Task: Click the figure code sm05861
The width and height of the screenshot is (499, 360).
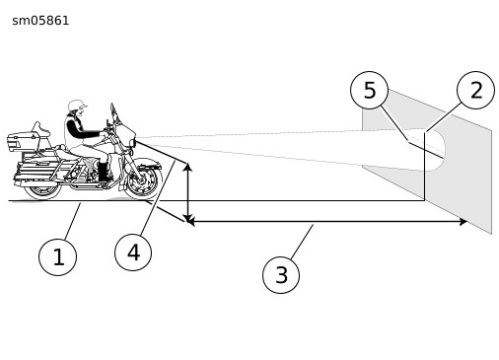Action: (x=40, y=21)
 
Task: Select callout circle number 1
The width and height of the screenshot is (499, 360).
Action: (x=57, y=257)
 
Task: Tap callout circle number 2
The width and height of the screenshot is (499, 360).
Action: (x=475, y=90)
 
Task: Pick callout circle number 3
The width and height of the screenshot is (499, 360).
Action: (x=281, y=275)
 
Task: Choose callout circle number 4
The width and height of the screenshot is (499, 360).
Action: (x=133, y=252)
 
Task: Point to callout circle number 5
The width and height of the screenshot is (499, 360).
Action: (x=370, y=90)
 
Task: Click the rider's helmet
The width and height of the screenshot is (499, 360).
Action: (x=77, y=106)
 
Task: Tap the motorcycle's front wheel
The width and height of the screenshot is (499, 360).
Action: (x=144, y=180)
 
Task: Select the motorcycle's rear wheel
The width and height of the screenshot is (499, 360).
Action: (x=41, y=190)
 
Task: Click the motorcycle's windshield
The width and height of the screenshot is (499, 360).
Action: (x=114, y=113)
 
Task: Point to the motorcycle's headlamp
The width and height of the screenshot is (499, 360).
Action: (x=133, y=144)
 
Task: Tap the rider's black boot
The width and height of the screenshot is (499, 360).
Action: (x=104, y=172)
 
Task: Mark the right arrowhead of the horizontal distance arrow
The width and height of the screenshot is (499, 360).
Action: (x=463, y=222)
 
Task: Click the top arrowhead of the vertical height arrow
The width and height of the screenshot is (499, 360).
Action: (x=187, y=167)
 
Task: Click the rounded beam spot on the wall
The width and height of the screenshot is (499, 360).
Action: (x=435, y=150)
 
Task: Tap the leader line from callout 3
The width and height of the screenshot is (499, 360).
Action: (x=302, y=242)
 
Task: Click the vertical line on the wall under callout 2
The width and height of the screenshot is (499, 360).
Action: (x=424, y=166)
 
